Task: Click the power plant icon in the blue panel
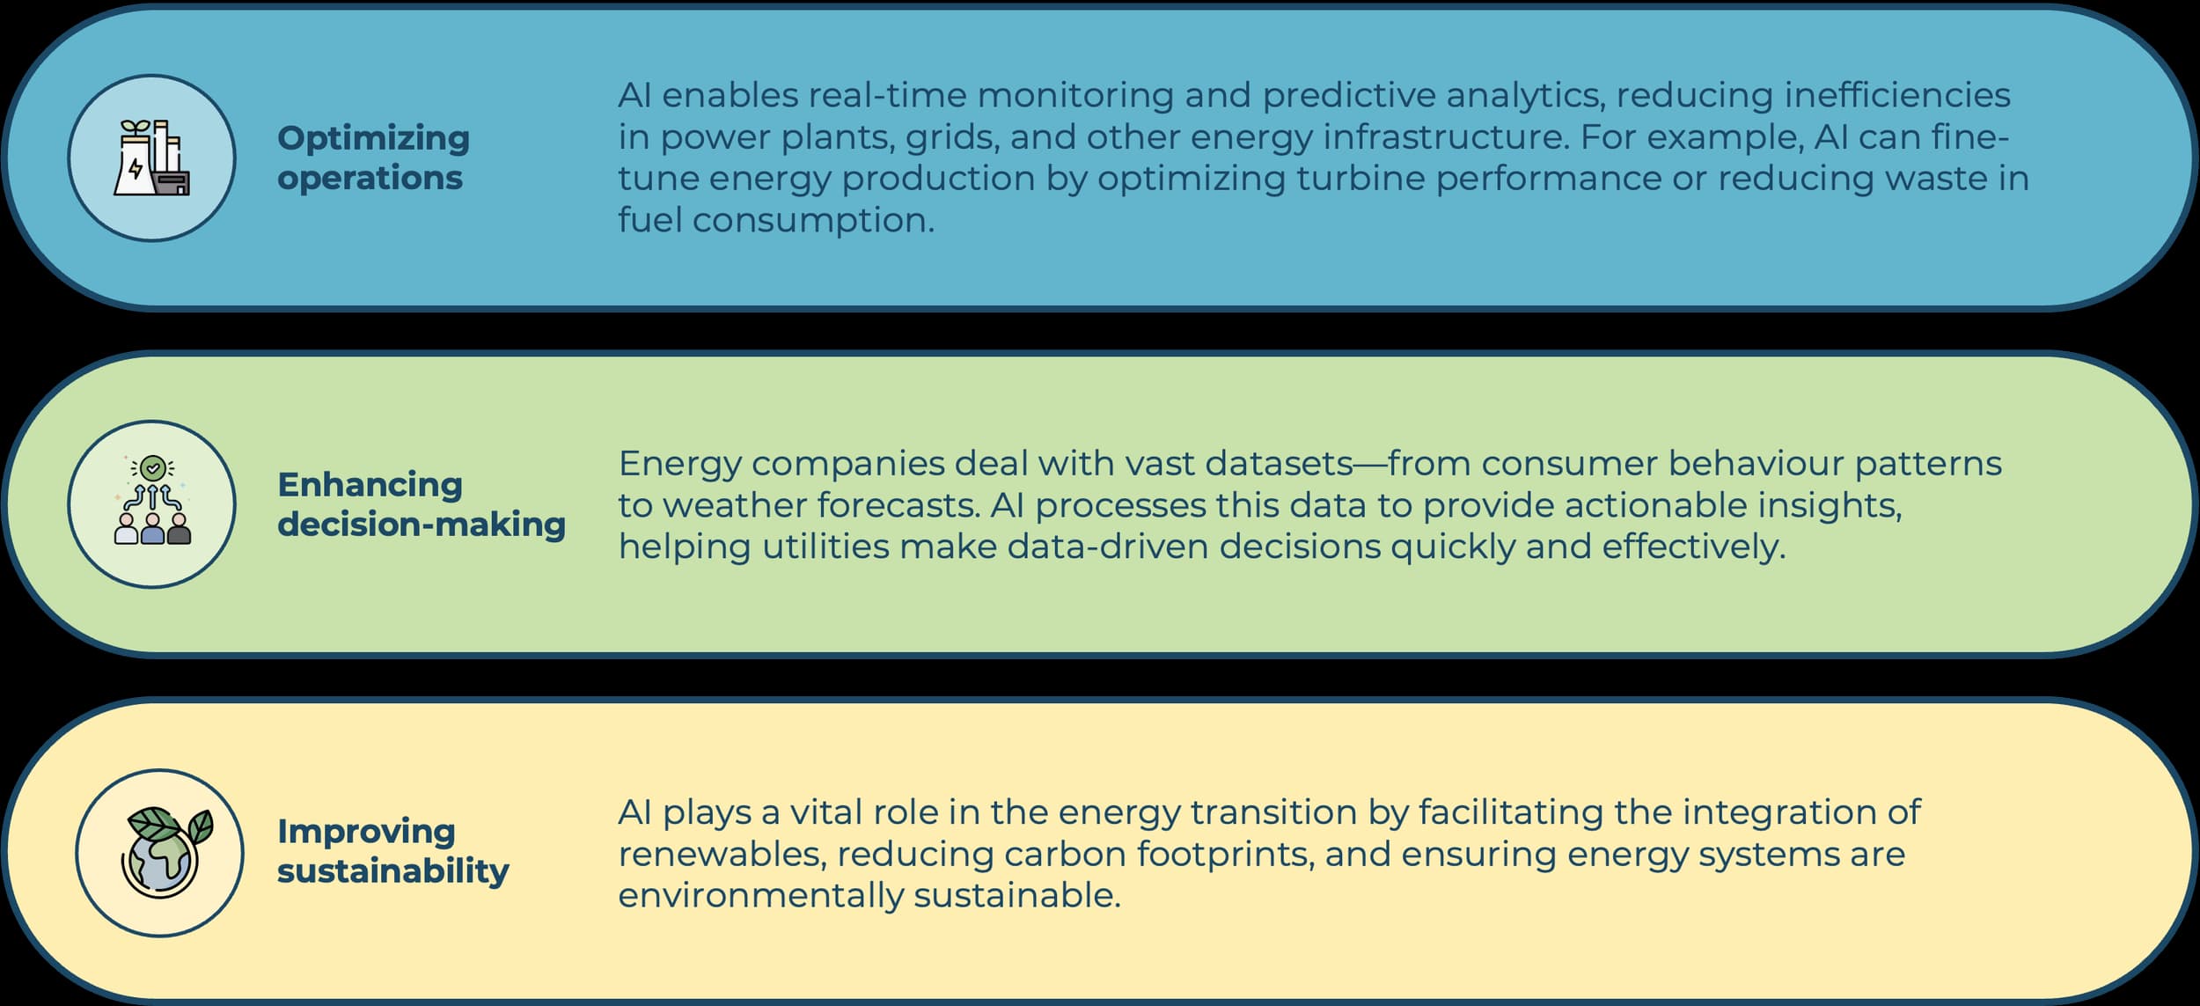(x=151, y=158)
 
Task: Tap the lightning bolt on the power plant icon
(x=135, y=168)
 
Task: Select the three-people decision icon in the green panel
(x=152, y=500)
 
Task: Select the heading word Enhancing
(x=370, y=484)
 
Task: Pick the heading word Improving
(x=366, y=832)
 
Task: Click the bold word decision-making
(x=422, y=525)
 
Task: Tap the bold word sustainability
(x=393, y=870)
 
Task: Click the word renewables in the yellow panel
(x=721, y=855)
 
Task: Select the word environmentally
(x=761, y=896)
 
